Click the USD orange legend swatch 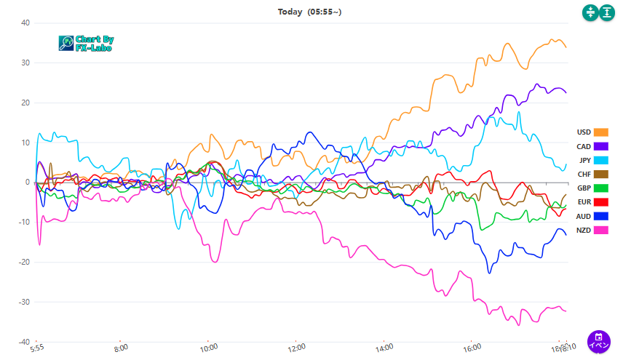pos(600,132)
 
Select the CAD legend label pos(584,146)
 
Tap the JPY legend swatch pos(600,160)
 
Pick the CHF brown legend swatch pos(600,174)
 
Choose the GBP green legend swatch pos(600,188)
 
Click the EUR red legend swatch pos(600,202)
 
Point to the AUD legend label pos(584,216)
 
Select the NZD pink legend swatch pos(600,230)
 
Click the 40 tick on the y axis pos(25,23)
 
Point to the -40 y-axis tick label pos(23,342)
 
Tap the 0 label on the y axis pos(27,182)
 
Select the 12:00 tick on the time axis pos(295,349)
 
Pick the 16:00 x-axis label pos(472,349)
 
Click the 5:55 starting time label pos(37,349)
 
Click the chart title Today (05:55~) pos(309,12)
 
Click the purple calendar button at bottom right pos(598,342)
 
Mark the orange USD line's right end pos(566,47)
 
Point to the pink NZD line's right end pos(566,311)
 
